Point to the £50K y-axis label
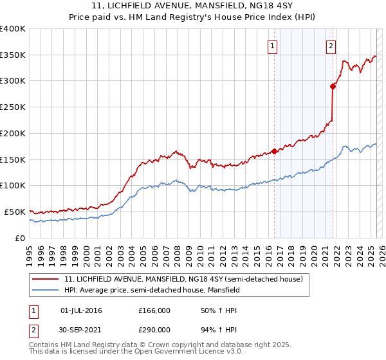[15, 212]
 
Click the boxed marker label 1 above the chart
[273, 46]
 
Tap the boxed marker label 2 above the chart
[331, 46]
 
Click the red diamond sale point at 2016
[274, 151]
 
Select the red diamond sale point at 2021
[333, 86]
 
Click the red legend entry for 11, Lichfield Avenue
[187, 279]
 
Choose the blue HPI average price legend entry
[152, 291]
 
